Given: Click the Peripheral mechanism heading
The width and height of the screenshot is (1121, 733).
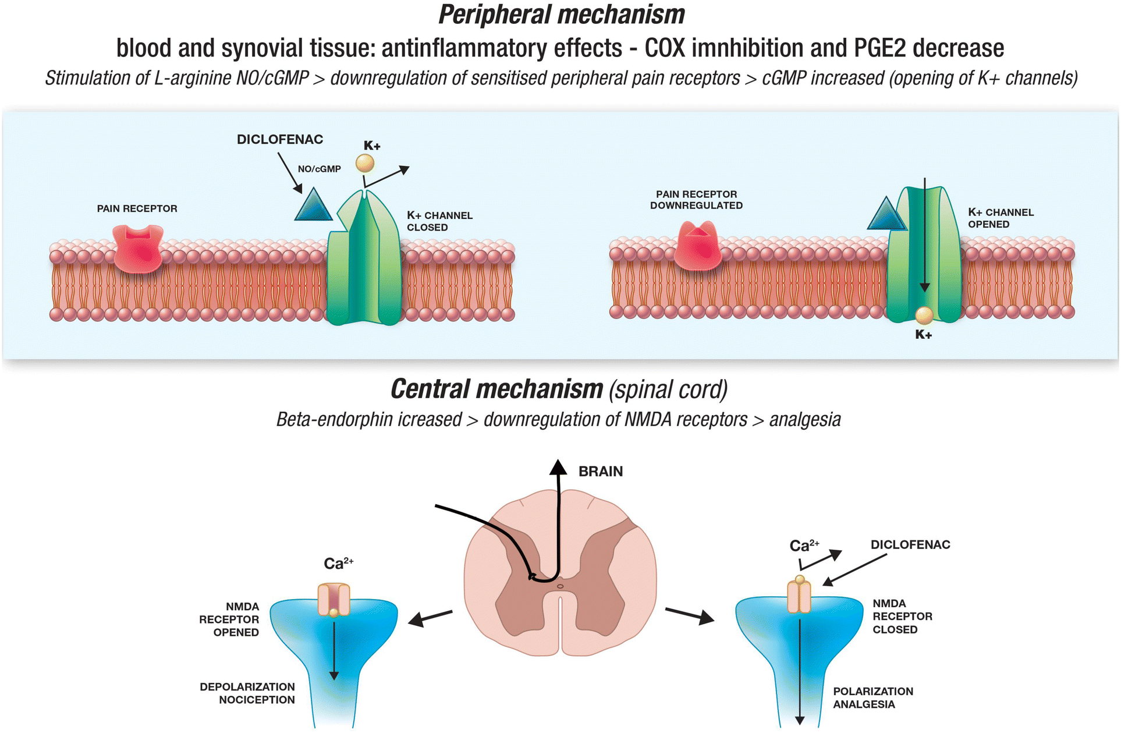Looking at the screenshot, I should (561, 15).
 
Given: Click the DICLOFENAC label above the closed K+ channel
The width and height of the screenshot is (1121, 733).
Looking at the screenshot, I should (280, 140).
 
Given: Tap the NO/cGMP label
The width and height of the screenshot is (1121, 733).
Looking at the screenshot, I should (319, 169).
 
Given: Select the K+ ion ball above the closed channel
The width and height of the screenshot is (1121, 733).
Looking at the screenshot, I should (365, 164).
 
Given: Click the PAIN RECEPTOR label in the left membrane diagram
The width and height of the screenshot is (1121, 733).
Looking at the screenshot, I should (137, 208).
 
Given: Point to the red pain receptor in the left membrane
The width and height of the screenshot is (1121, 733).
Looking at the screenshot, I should (139, 249).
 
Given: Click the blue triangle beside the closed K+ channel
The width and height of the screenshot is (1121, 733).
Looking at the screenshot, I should (313, 206).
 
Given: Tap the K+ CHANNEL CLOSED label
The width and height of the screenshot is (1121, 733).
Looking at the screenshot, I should (439, 221).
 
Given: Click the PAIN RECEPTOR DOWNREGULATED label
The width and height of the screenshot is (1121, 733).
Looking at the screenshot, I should (696, 200).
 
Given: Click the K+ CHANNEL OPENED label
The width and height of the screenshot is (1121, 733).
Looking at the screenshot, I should (1001, 218).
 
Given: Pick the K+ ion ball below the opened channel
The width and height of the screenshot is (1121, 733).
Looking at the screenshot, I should (924, 316).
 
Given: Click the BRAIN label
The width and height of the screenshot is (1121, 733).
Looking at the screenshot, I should (601, 472).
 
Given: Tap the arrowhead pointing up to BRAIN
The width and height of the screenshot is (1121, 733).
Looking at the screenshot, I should (558, 467).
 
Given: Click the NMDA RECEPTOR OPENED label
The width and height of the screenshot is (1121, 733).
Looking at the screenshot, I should (229, 619).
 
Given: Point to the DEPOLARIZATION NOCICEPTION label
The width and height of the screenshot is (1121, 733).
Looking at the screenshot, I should (247, 693).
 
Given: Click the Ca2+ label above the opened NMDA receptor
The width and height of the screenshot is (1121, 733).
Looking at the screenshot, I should (338, 563).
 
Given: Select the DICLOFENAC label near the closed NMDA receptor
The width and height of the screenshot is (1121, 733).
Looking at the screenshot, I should (910, 545).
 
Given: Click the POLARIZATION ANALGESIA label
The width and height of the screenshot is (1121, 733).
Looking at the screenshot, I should (872, 697).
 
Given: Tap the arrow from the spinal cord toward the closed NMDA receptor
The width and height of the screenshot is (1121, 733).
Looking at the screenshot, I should (690, 615).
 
